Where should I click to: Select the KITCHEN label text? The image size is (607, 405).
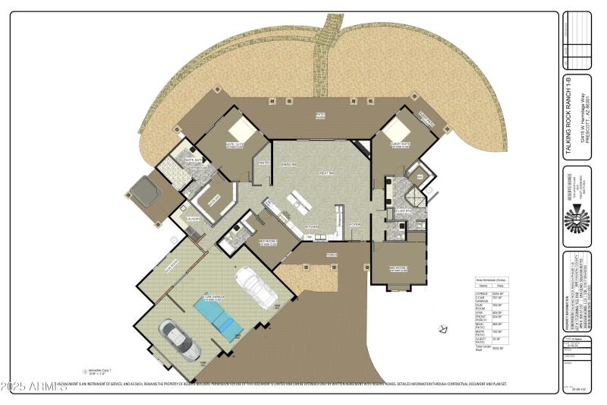(x=311, y=226)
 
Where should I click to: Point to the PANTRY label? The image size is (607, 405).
(x=264, y=163)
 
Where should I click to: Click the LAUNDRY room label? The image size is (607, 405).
(x=193, y=218)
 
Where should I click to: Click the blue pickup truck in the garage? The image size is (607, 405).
(x=219, y=315)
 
